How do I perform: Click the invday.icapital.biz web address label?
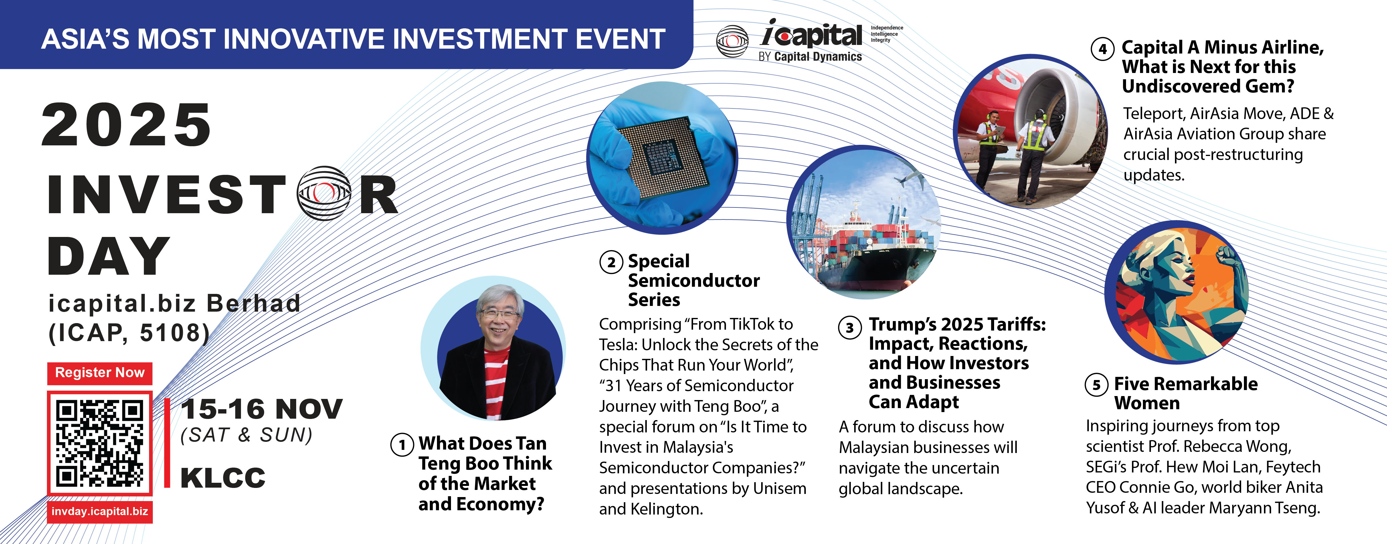[100, 512]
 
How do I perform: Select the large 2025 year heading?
[126, 125]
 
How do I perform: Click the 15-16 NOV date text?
[262, 409]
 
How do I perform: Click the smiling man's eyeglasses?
[500, 313]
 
